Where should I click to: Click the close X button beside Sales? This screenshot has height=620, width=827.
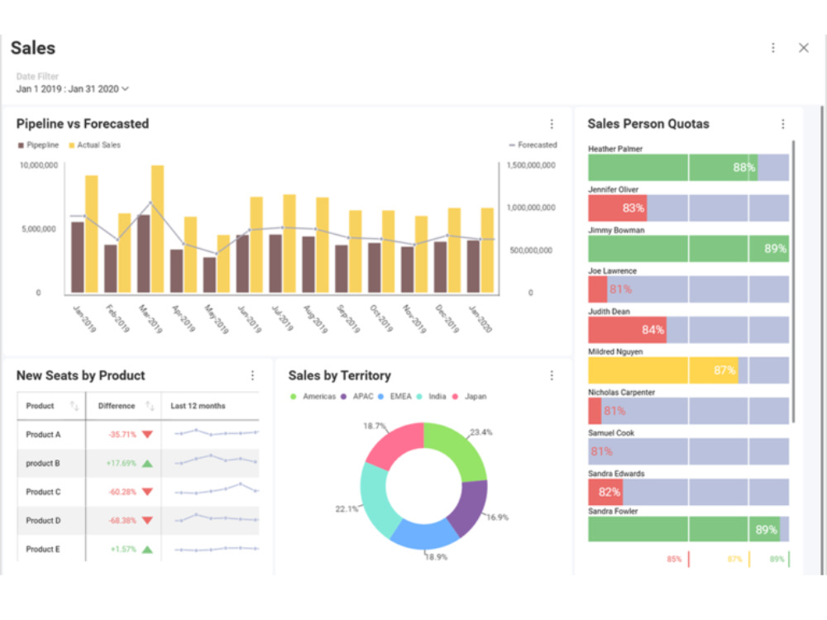click(x=803, y=48)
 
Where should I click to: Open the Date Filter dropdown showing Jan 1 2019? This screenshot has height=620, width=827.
click(x=73, y=88)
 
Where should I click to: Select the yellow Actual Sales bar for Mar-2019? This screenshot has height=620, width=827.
click(x=157, y=229)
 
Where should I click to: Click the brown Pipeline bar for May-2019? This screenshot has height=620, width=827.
click(x=209, y=274)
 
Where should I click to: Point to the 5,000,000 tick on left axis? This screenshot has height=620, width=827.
click(x=40, y=229)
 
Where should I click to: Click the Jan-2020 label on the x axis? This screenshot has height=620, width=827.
click(x=479, y=318)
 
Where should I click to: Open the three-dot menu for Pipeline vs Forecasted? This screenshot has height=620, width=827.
click(x=552, y=124)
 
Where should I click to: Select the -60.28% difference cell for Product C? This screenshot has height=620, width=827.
click(x=122, y=492)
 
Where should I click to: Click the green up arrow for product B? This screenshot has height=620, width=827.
click(x=147, y=463)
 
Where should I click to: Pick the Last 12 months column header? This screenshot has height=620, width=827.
click(x=198, y=406)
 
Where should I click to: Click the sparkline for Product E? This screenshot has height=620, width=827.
click(x=216, y=548)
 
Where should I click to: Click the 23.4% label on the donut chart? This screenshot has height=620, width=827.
click(x=481, y=432)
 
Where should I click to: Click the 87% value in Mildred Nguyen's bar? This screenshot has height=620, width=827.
click(x=724, y=370)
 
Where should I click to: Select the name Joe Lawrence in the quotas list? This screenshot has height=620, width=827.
click(x=612, y=271)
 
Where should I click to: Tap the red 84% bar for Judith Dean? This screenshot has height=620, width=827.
click(x=627, y=330)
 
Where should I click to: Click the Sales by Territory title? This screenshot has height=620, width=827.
click(x=339, y=375)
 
